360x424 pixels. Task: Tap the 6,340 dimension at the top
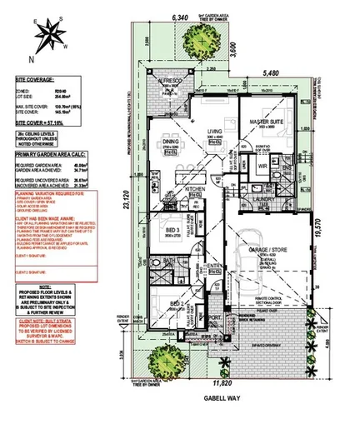point(181,17)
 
